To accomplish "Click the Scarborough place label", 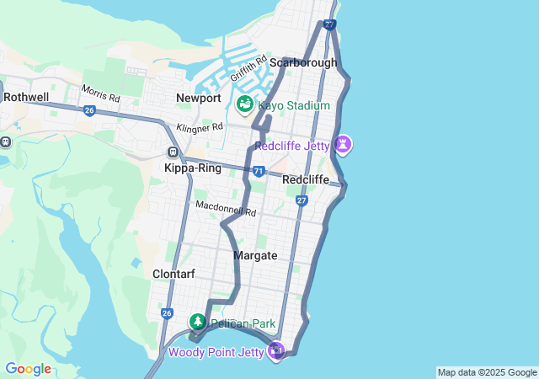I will pyautogui.click(x=303, y=62).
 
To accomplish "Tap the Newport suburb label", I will pyautogui.click(x=198, y=99).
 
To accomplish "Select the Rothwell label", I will pyautogui.click(x=25, y=97).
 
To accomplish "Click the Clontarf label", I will pyautogui.click(x=174, y=274).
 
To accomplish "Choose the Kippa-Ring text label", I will pyautogui.click(x=193, y=168).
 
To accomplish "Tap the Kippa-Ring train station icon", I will pyautogui.click(x=173, y=152).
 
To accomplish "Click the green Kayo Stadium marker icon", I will pyautogui.click(x=245, y=105).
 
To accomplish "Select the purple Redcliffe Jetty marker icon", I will pyautogui.click(x=343, y=145).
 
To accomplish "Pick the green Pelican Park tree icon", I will pyautogui.click(x=197, y=322).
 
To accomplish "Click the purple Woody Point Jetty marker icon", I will pyautogui.click(x=276, y=350).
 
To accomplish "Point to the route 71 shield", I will pyautogui.click(x=259, y=172).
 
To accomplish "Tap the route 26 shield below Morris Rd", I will pyautogui.click(x=89, y=110).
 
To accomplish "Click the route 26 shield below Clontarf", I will pyautogui.click(x=167, y=313).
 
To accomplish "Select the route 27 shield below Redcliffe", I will pyautogui.click(x=302, y=200).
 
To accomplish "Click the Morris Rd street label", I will pyautogui.click(x=100, y=93).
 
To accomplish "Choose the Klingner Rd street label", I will pyautogui.click(x=200, y=128).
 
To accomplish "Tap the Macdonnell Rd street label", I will pyautogui.click(x=225, y=208).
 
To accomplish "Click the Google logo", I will pyautogui.click(x=28, y=369).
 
